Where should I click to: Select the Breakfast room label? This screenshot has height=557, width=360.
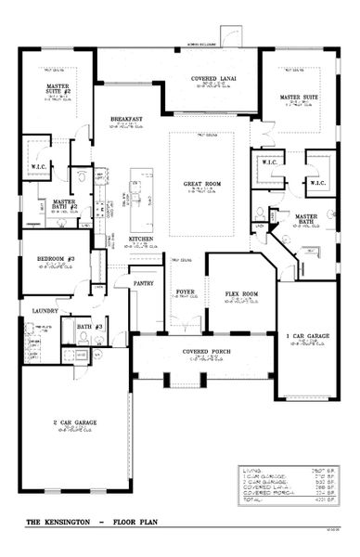point(125,119)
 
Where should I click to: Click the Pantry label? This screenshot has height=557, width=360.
point(143,282)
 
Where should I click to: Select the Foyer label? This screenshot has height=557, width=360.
point(185,291)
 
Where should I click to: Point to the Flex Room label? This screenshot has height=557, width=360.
point(240,295)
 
